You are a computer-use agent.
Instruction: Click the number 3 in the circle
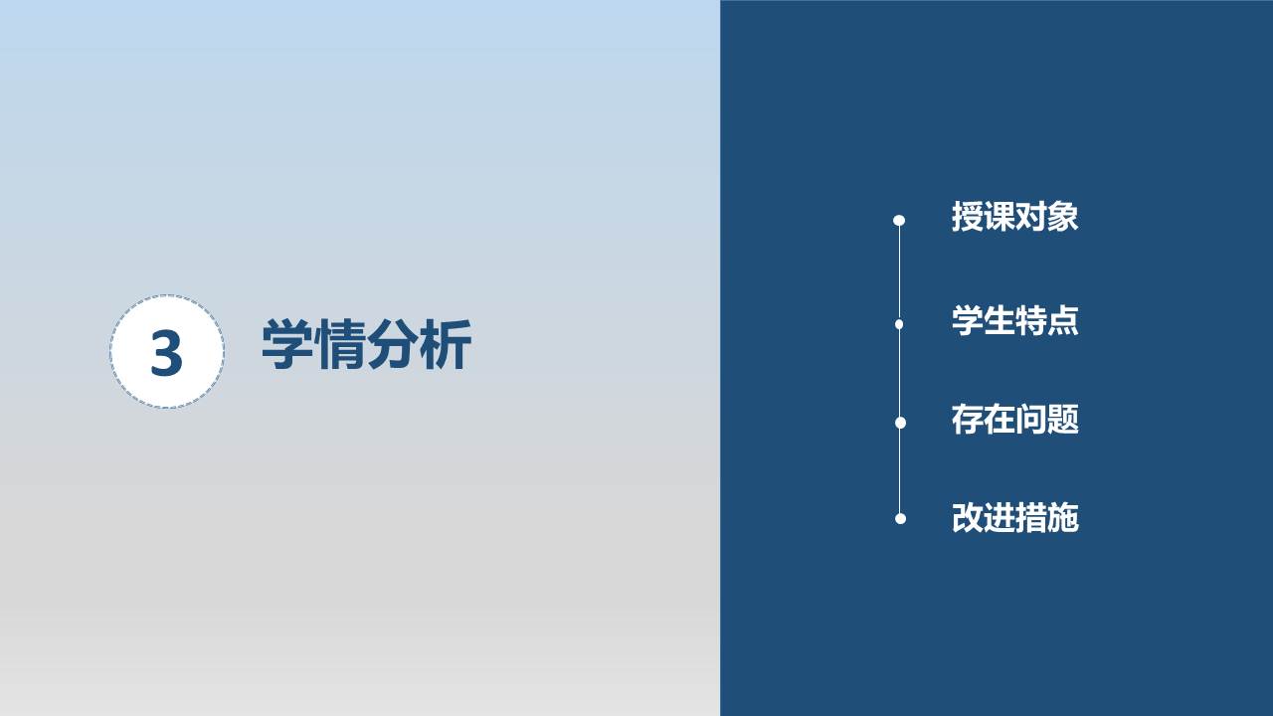pyautogui.click(x=166, y=353)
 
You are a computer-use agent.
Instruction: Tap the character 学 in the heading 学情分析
pyautogui.click(x=287, y=344)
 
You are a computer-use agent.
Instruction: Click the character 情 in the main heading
pyautogui.click(x=340, y=344)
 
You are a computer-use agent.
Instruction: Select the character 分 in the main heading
pyautogui.click(x=393, y=344)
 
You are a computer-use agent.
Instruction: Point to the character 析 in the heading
pyautogui.click(x=445, y=344)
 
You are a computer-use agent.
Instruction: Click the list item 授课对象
pyautogui.click(x=1015, y=217)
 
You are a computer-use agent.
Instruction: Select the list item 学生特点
pyautogui.click(x=1015, y=320)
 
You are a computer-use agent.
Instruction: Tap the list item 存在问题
pyautogui.click(x=1015, y=420)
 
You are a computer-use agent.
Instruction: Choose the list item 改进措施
pyautogui.click(x=1015, y=518)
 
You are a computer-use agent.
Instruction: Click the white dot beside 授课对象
pyautogui.click(x=899, y=220)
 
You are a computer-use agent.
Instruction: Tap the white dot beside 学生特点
pyautogui.click(x=899, y=324)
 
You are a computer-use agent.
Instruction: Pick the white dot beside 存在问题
pyautogui.click(x=900, y=423)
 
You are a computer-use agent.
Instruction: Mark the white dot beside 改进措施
pyautogui.click(x=900, y=518)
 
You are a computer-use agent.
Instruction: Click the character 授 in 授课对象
pyautogui.click(x=968, y=217)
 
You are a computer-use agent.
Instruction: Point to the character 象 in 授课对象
pyautogui.click(x=1063, y=217)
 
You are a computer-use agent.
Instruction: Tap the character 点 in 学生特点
pyautogui.click(x=1063, y=320)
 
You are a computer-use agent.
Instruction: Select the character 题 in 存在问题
pyautogui.click(x=1063, y=420)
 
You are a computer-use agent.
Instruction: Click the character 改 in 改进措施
pyautogui.click(x=968, y=518)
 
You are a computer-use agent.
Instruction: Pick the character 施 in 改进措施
pyautogui.click(x=1063, y=518)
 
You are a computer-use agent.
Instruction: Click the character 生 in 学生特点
pyautogui.click(x=1000, y=320)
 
